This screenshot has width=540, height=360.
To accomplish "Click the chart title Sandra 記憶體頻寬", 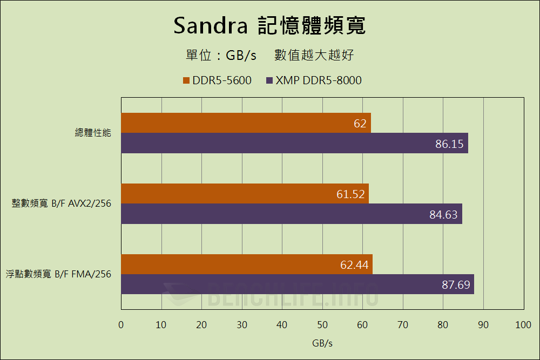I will (269, 25).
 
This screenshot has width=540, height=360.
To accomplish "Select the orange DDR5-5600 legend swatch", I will (187, 81).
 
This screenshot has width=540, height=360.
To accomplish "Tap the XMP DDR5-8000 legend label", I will (319, 81).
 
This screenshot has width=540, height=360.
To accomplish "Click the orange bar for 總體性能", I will (246, 123).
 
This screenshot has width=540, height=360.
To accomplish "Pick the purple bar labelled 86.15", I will (294, 144).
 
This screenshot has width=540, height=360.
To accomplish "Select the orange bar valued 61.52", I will (245, 194).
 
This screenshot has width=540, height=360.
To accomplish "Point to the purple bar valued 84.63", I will (291, 214).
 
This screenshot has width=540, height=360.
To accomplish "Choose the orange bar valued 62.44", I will (246, 264).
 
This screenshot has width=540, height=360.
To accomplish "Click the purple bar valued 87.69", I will (297, 284).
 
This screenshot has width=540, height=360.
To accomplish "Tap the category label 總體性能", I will (93, 132).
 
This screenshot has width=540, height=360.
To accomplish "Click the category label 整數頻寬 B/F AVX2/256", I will (62, 203).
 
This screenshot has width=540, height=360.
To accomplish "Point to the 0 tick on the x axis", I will (121, 325).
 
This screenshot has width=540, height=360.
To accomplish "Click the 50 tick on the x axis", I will (322, 325).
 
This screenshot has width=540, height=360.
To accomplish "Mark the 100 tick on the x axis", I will (523, 325).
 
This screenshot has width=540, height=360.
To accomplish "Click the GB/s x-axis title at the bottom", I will (322, 343).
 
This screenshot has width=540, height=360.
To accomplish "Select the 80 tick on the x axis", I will (443, 325).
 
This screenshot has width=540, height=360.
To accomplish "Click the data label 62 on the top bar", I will (360, 124).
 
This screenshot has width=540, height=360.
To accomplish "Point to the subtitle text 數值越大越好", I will (314, 55).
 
